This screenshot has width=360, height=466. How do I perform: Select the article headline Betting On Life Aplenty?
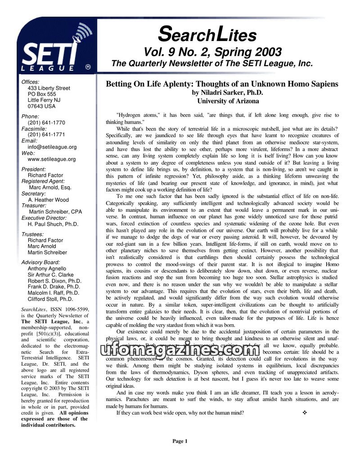[x=222, y=84]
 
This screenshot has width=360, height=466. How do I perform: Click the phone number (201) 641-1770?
[x=46, y=122]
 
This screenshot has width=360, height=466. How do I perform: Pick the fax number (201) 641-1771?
[x=46, y=134]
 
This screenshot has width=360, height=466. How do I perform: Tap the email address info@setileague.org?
[x=52, y=147]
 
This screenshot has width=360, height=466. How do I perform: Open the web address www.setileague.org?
[x=52, y=159]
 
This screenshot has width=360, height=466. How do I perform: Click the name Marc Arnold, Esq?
[x=50, y=187]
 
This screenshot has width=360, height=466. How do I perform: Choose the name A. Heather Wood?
[x=48, y=200]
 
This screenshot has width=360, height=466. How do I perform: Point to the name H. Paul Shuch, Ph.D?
[x=53, y=224]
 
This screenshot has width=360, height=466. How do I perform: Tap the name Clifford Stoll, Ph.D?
[x=50, y=299]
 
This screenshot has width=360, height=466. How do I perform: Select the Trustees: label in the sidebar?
[x=33, y=234]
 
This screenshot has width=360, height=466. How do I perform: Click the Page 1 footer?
[x=180, y=441]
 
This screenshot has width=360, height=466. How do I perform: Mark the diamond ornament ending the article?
[x=305, y=413]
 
